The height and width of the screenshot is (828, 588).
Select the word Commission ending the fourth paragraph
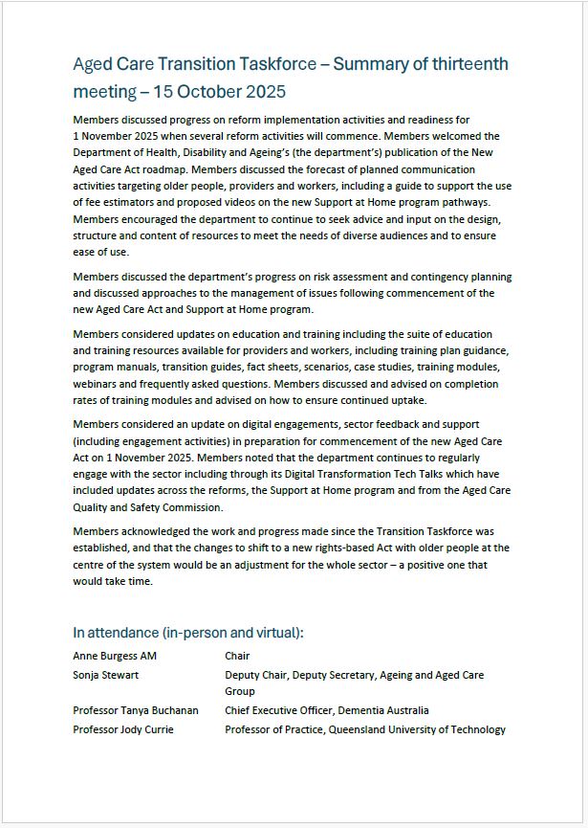(x=192, y=508)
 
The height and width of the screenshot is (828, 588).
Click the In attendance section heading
(x=188, y=633)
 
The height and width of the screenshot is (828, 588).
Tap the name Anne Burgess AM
(x=115, y=657)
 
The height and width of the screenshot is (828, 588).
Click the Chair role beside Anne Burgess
(x=237, y=657)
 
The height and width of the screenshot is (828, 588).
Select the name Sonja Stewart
(x=106, y=676)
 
